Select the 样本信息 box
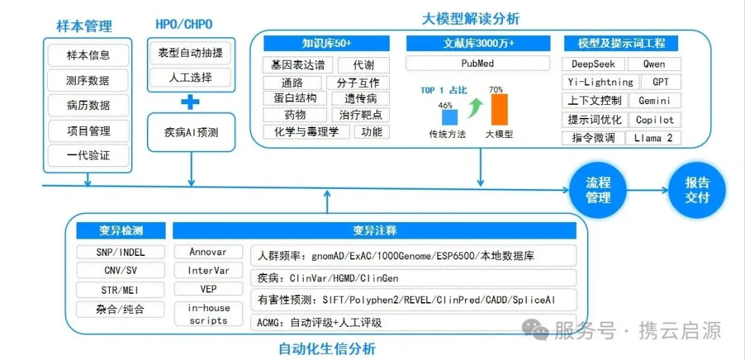[88, 55]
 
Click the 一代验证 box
[88, 155]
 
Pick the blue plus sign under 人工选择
[190, 102]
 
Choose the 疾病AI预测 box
[191, 132]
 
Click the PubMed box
[477, 63]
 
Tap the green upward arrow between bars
[475, 107]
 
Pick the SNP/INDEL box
[121, 252]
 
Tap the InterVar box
[208, 270]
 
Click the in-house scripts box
[208, 314]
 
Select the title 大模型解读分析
[470, 19]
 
